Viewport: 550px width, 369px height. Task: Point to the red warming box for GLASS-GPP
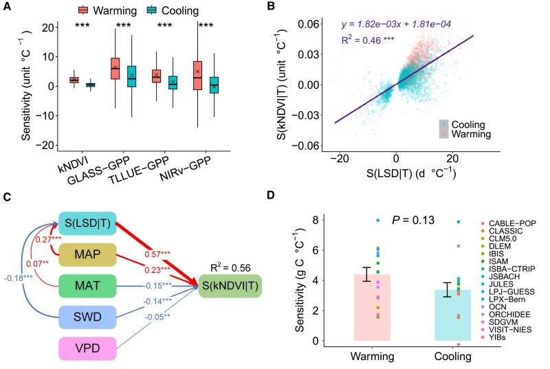(x=115, y=69)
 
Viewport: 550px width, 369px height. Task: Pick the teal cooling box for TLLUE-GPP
(x=173, y=82)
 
